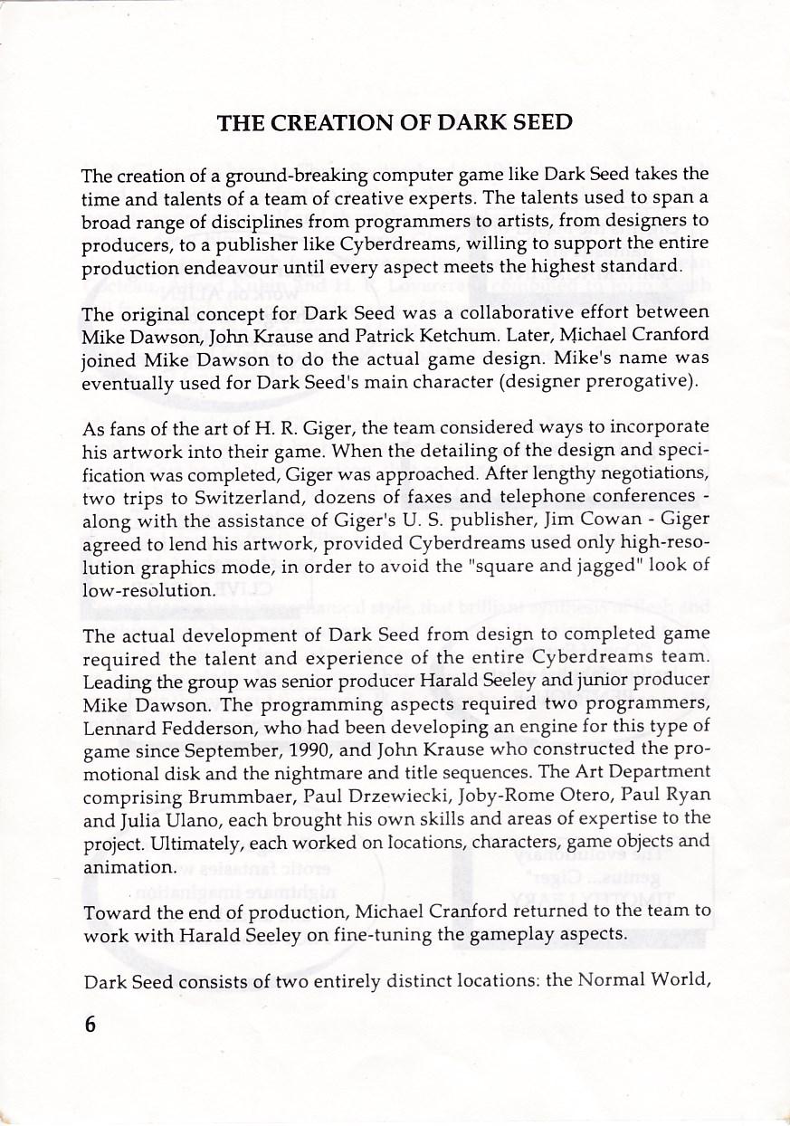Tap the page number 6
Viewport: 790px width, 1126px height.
tap(90, 1024)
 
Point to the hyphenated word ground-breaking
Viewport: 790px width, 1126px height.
tap(292, 174)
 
